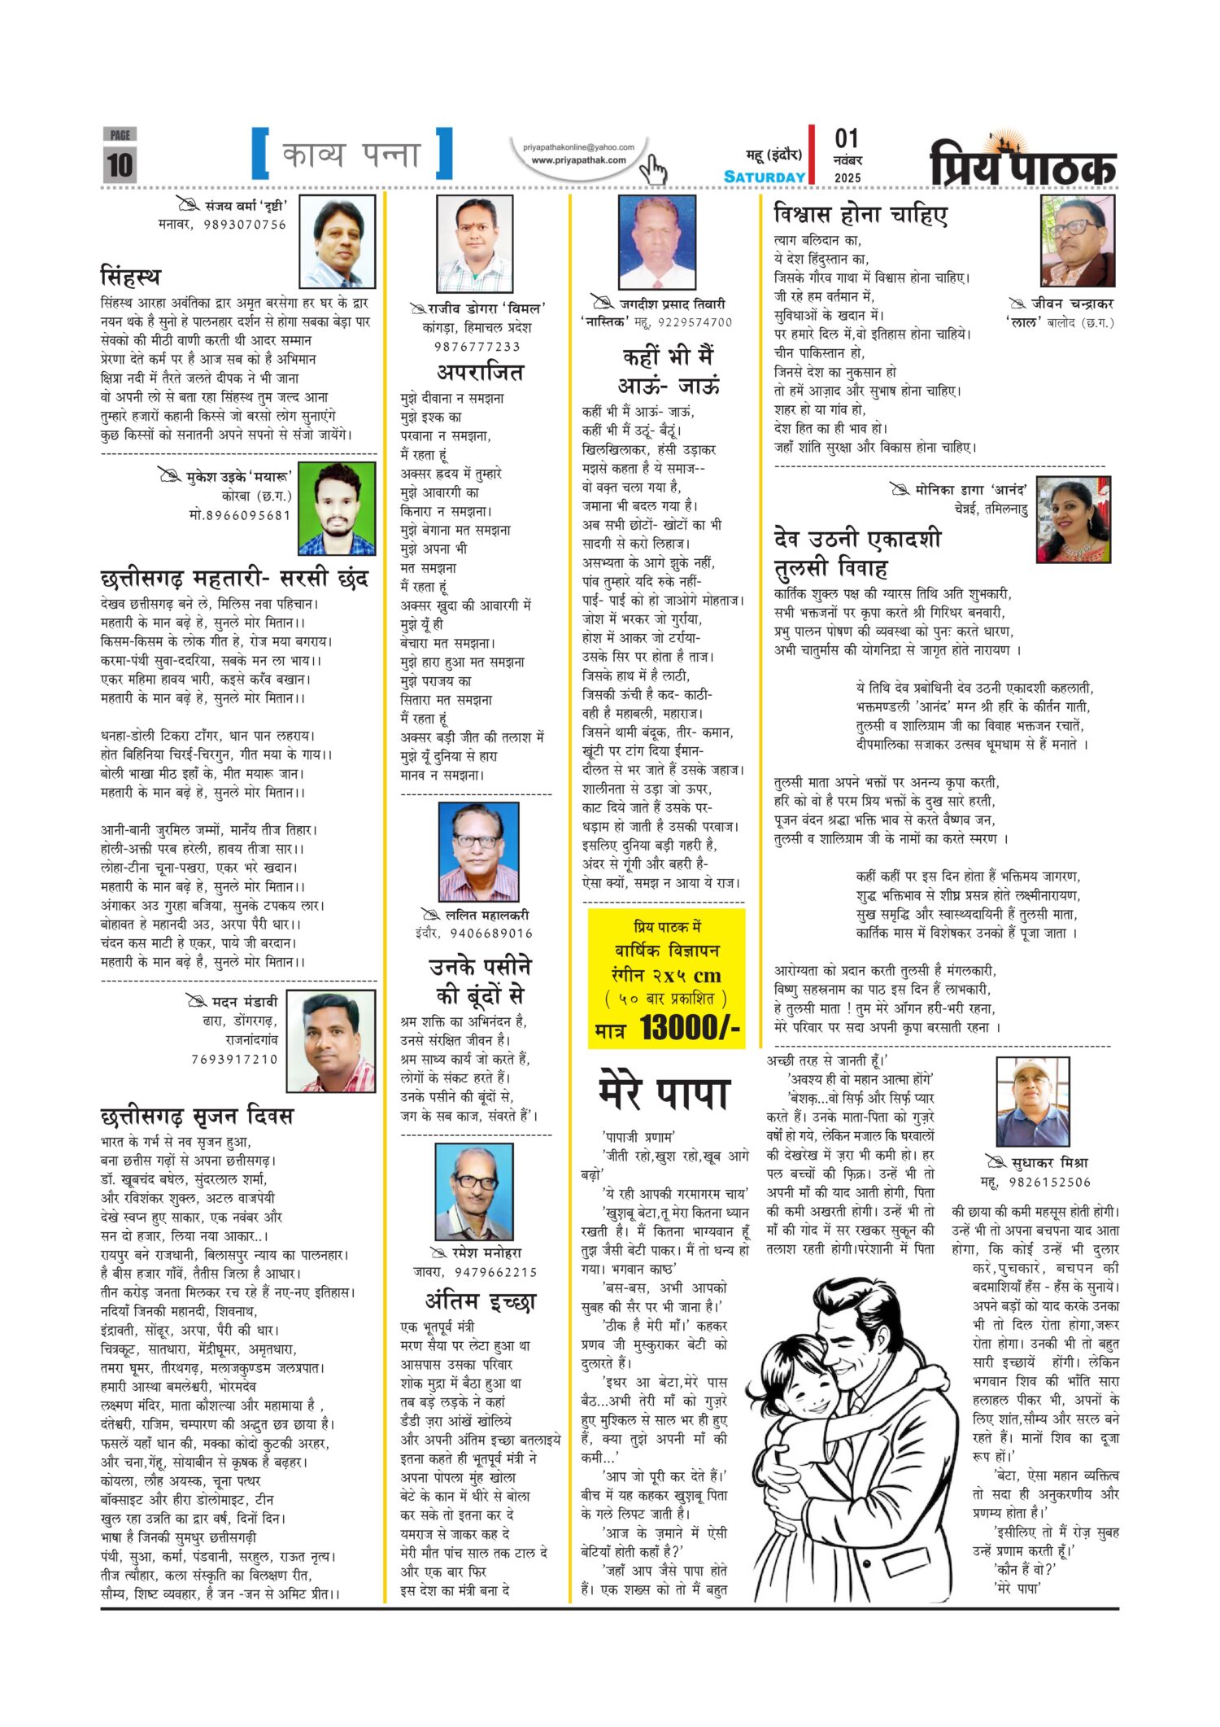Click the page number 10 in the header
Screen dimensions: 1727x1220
pos(120,165)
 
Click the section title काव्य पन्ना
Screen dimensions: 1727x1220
pos(351,154)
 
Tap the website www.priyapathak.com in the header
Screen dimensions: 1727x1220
pos(578,160)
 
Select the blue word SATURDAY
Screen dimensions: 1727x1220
pos(765,177)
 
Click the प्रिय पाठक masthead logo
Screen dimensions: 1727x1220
pos(1022,162)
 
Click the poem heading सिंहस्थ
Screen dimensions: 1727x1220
pos(130,276)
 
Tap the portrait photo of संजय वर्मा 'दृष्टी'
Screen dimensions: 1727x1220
pos(338,241)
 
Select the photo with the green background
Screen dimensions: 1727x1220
pos(336,509)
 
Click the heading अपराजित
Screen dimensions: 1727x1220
pos(480,373)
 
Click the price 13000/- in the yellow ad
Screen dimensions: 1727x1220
pos(690,1028)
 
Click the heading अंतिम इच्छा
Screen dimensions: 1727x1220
pos(481,1301)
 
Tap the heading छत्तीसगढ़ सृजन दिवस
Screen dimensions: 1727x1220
pos(196,1116)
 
